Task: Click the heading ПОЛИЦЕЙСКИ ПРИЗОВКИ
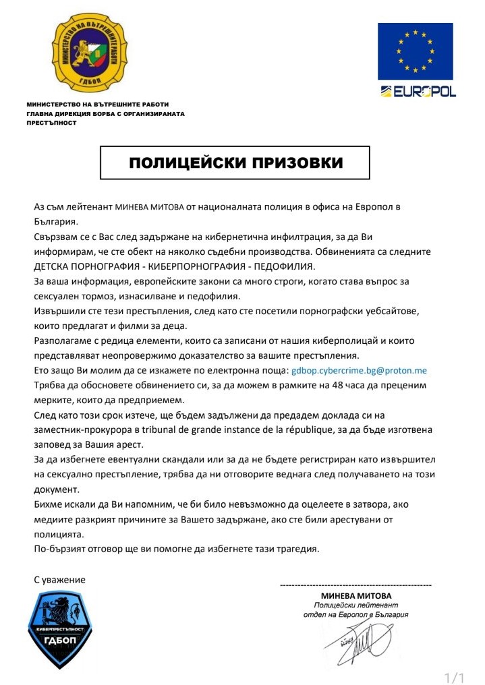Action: coord(235,163)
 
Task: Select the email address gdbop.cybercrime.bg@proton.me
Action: coord(359,371)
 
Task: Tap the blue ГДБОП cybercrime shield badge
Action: coord(59,628)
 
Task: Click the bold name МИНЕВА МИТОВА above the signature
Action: coord(356,596)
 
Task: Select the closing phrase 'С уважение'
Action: coord(60,579)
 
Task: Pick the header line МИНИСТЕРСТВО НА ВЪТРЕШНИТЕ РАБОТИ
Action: coord(98,105)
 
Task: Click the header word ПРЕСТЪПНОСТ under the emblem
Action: coord(51,123)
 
